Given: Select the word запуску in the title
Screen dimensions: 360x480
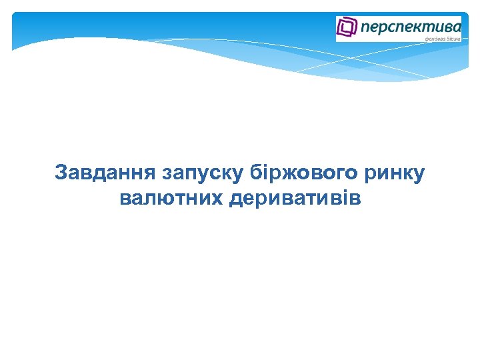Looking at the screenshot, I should (203, 173).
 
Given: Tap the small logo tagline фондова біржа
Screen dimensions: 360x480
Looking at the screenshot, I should (443, 39).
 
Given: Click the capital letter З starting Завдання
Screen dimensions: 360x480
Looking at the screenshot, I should (61, 173).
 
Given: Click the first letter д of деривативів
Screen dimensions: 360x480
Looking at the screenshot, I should (235, 199).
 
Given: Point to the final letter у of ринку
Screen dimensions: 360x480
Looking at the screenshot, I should (418, 175).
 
